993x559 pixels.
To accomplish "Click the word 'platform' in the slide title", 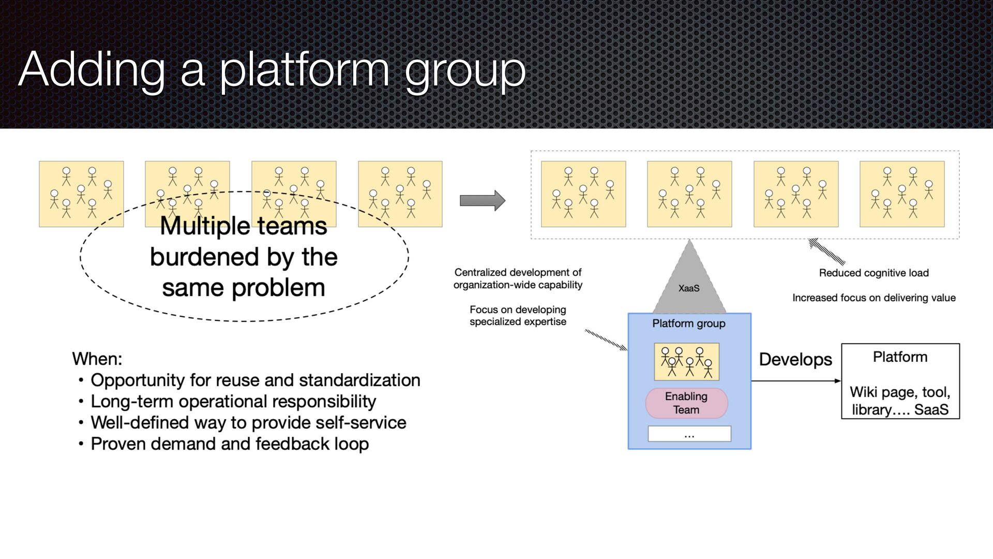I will click(x=304, y=70).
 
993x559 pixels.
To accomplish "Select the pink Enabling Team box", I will click(x=686, y=403).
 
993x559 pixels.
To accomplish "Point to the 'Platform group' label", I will click(x=688, y=323).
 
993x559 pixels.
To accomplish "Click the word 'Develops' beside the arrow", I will click(x=795, y=360).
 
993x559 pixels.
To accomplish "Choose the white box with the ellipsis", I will click(x=689, y=434).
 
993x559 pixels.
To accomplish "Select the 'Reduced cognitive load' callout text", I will click(x=874, y=273).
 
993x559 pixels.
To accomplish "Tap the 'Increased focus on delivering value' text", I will click(x=874, y=298).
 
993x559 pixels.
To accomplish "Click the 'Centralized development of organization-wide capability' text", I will click(x=518, y=278).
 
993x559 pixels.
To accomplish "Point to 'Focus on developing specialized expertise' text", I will click(x=518, y=316).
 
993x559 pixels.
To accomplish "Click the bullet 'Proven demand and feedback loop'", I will click(x=230, y=444).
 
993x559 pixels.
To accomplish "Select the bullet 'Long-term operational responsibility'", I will click(x=233, y=402).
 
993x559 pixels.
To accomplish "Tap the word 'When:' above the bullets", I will click(x=97, y=359).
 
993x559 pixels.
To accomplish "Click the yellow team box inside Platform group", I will click(x=686, y=362).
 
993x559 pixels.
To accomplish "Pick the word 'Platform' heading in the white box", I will click(x=900, y=357).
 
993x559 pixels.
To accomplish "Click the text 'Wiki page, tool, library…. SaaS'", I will click(x=900, y=401).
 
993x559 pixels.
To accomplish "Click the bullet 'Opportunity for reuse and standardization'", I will click(x=255, y=380).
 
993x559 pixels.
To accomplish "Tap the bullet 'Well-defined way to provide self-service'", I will click(x=248, y=423).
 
